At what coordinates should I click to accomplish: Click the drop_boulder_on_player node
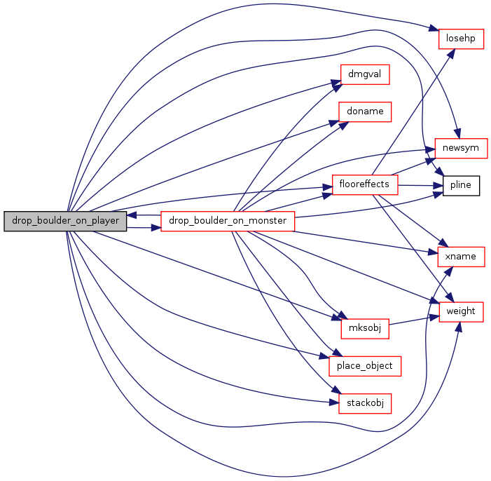pos(65,221)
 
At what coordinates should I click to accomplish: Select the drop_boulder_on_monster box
pos(228,221)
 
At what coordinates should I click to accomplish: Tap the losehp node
pos(461,39)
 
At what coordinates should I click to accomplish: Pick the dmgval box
pos(365,74)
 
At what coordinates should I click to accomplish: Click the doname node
pos(365,111)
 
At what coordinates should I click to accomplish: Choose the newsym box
pos(461,148)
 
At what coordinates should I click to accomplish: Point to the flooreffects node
pos(365,184)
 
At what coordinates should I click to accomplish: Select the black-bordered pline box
pos(461,186)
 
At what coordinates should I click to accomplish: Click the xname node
pos(461,257)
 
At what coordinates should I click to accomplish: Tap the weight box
pos(461,312)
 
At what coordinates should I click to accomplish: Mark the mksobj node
pos(365,329)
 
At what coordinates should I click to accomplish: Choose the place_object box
pos(365,366)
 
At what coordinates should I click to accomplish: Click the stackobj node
pos(365,403)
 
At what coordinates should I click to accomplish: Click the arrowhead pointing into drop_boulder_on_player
pos(132,215)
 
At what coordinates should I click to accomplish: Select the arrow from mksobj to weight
pos(414,320)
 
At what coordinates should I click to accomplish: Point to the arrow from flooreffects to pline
pos(420,186)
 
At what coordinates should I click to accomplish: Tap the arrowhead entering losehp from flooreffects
pos(451,53)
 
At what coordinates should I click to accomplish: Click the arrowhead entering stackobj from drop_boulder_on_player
pos(334,402)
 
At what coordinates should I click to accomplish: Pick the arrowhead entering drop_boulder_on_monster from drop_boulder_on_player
pos(156,228)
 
